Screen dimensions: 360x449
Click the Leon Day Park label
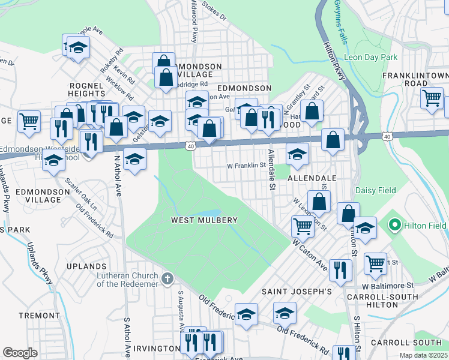pyautogui.click(x=370, y=58)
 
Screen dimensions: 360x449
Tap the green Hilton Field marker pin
pyautogui.click(x=394, y=225)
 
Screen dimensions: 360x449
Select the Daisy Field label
pyautogui.click(x=376, y=190)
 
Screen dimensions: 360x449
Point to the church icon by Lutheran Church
pyautogui.click(x=167, y=278)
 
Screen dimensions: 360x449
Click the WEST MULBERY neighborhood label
pyautogui.click(x=204, y=220)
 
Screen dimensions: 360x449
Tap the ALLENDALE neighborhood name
pyautogui.click(x=312, y=179)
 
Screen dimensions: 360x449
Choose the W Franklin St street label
pyautogui.click(x=246, y=164)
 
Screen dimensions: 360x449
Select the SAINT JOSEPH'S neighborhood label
pyautogui.click(x=297, y=292)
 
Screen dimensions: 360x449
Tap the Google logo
pyautogui.click(x=20, y=353)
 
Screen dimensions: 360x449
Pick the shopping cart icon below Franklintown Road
pyautogui.click(x=432, y=98)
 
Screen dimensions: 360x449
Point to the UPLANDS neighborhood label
pyautogui.click(x=86, y=266)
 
